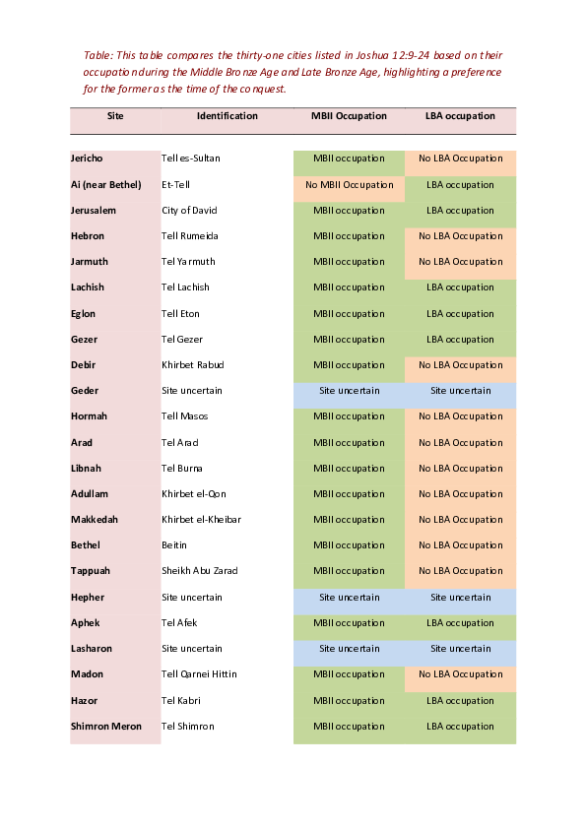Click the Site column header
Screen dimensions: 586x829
coord(115,116)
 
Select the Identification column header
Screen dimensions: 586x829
coord(228,116)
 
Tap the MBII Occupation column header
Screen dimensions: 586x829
coord(349,116)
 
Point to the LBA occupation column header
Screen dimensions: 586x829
coord(460,116)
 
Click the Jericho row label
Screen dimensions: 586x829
coord(87,159)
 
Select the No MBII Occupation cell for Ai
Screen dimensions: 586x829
coord(349,184)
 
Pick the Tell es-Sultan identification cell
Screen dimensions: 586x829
coord(191,159)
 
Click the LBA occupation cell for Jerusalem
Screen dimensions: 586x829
coord(460,211)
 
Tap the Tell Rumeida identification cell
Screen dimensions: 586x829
coord(190,236)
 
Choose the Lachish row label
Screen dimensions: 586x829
coord(88,287)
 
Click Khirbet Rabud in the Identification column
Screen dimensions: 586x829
coord(192,365)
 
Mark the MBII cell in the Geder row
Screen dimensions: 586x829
coord(349,391)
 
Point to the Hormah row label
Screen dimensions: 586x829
coord(88,416)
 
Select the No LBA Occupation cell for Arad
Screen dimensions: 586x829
coord(460,442)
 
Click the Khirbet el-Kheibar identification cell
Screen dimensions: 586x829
coord(201,520)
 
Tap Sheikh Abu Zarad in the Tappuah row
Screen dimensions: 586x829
coord(200,571)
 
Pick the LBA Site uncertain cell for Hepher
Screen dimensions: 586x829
coord(460,597)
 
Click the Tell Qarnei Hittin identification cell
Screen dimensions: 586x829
coord(201,674)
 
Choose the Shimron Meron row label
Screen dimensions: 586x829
coord(106,727)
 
